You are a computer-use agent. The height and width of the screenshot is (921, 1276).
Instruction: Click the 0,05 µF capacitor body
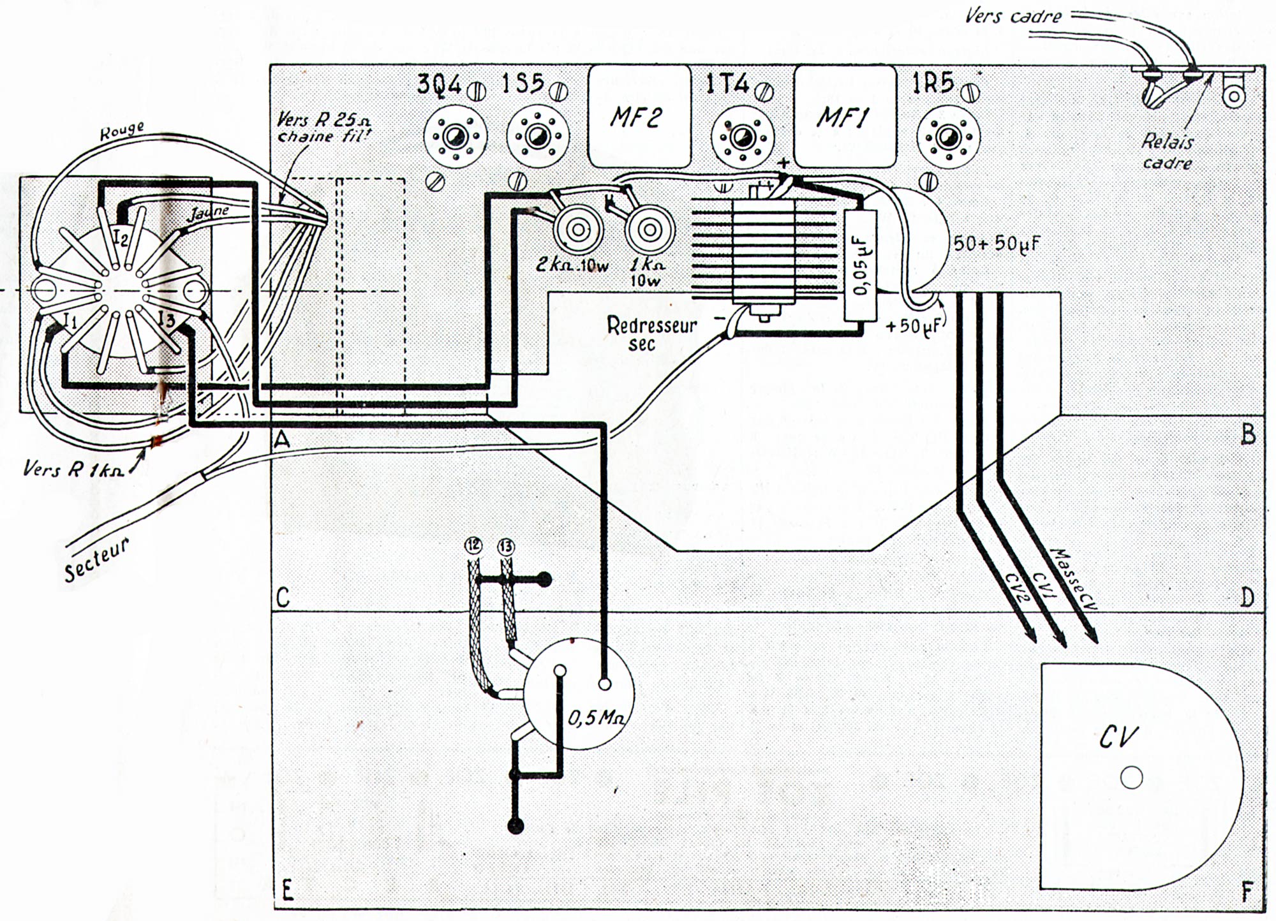point(860,264)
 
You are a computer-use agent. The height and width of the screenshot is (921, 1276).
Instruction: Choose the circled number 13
point(506,546)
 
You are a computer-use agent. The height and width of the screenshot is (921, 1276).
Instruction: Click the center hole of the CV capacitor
point(1131,777)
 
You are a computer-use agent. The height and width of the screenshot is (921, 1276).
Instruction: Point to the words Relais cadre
point(1168,152)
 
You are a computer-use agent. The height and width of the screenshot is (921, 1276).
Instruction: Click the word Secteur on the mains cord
point(98,559)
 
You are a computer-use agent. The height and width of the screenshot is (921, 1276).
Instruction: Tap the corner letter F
point(1247,892)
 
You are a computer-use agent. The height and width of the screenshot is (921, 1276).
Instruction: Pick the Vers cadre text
point(1014,15)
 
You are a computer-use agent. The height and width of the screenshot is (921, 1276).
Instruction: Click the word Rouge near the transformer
point(123,129)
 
